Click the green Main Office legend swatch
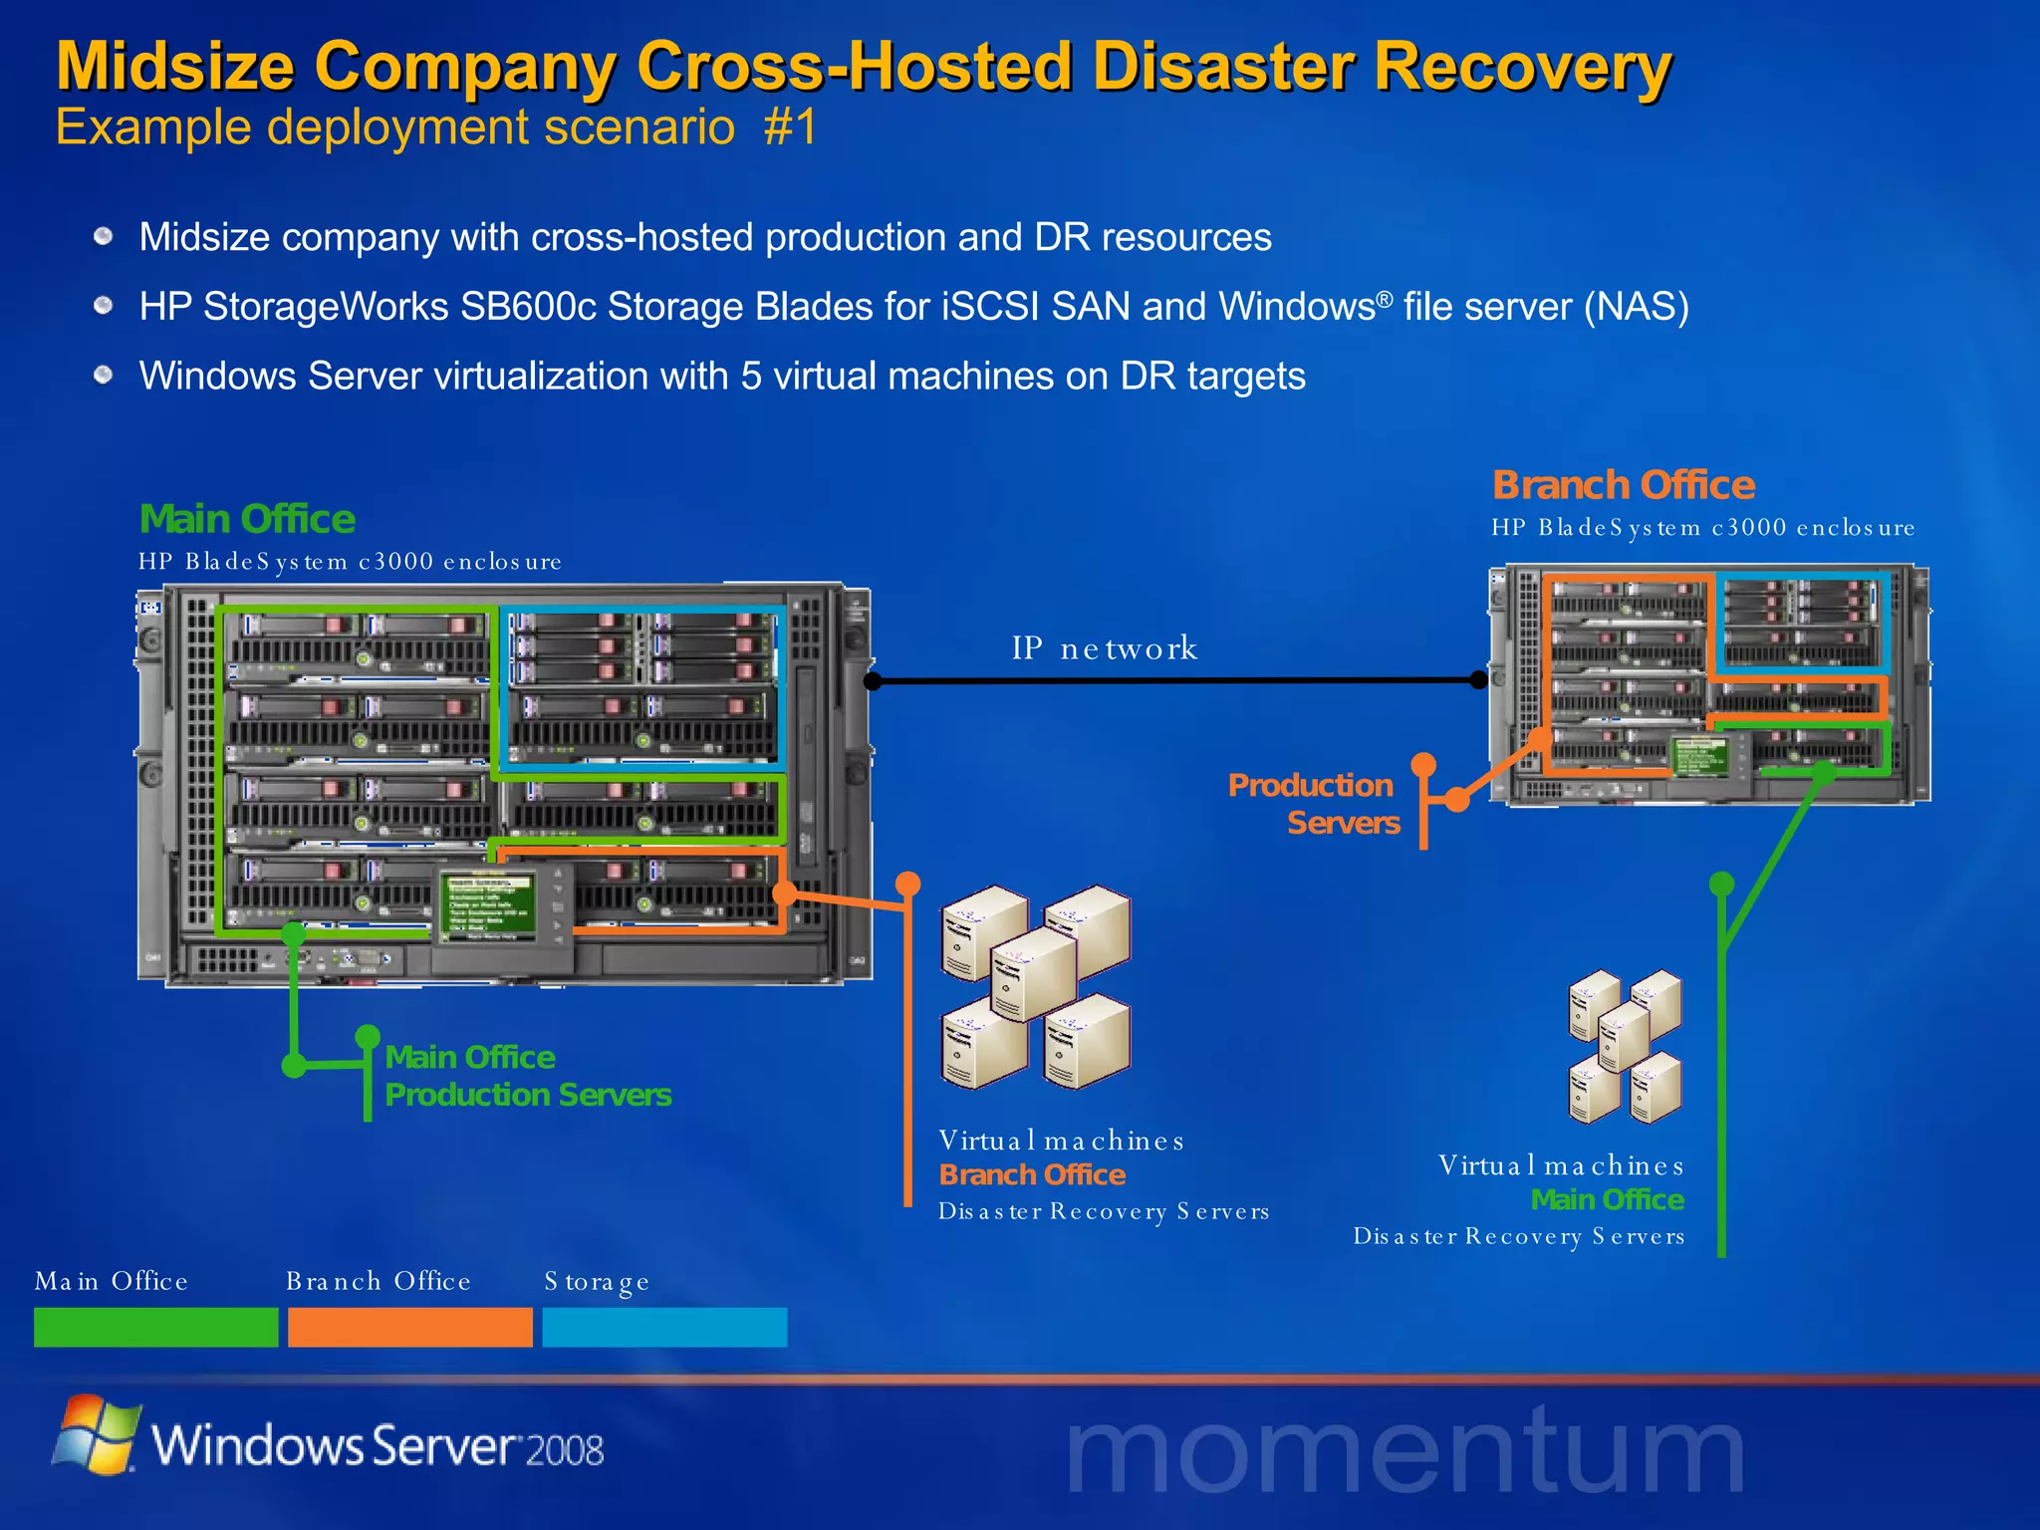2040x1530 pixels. (x=155, y=1327)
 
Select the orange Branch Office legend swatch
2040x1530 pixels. (x=409, y=1327)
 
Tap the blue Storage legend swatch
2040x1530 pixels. (x=664, y=1327)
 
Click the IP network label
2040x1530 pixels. (x=1104, y=648)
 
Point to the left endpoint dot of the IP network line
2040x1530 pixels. (x=873, y=681)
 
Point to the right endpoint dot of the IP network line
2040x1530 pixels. (x=1479, y=680)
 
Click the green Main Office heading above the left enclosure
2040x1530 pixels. (x=247, y=519)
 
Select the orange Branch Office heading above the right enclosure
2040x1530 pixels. (x=1623, y=485)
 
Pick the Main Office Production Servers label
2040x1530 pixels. (x=527, y=1076)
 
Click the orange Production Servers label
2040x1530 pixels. (x=1313, y=804)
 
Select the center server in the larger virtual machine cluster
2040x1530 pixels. (x=1033, y=973)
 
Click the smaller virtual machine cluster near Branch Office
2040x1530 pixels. (x=1625, y=1046)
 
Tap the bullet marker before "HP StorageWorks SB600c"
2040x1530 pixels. (x=104, y=306)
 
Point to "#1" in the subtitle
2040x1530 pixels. (x=790, y=127)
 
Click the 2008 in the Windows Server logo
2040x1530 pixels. (x=564, y=1450)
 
